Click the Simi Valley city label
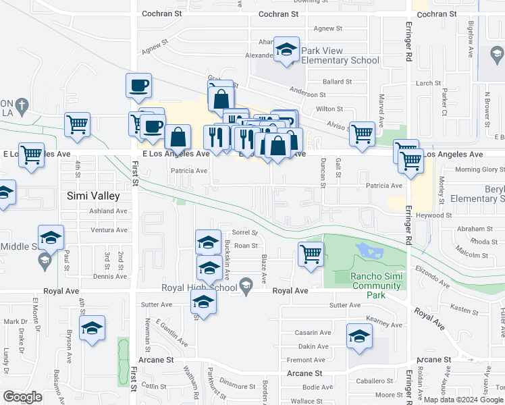[93, 196]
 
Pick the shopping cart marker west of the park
[311, 254]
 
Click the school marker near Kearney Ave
[359, 336]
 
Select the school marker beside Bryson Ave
[92, 328]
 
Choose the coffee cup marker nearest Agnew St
[138, 86]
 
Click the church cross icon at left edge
[22, 105]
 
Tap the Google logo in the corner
[22, 396]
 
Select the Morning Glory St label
[480, 169]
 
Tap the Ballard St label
[338, 82]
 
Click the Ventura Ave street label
[109, 230]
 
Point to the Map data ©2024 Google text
[462, 400]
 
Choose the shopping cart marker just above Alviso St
[363, 133]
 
